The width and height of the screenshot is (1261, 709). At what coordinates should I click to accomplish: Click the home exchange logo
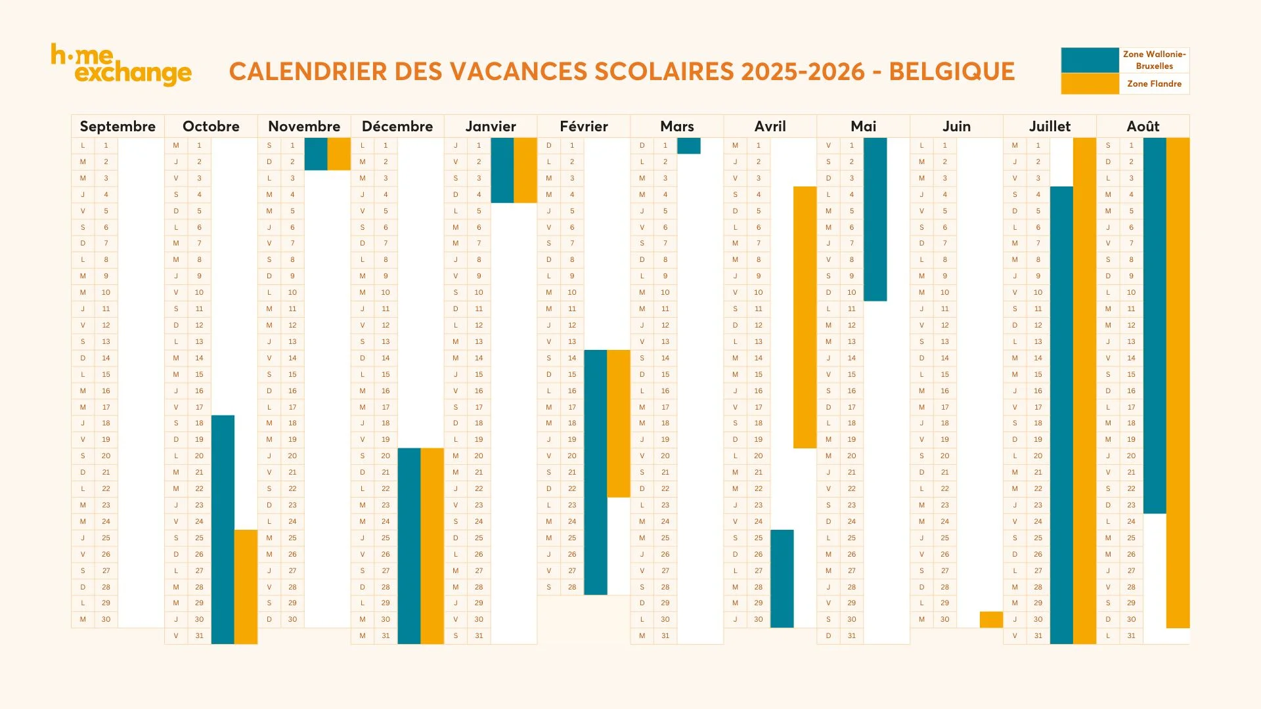click(x=122, y=65)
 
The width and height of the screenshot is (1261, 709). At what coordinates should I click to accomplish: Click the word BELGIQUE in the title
click(x=952, y=72)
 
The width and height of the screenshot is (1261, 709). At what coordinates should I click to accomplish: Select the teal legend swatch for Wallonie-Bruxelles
click(x=1090, y=60)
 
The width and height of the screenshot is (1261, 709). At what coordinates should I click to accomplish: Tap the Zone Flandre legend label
click(x=1154, y=84)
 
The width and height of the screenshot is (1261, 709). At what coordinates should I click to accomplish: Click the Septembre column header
click(x=118, y=126)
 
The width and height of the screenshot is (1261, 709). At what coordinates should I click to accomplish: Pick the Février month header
click(x=583, y=126)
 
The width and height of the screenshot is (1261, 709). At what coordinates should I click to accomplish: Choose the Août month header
click(x=1143, y=126)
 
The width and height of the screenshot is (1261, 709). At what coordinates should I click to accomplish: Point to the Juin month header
click(x=956, y=126)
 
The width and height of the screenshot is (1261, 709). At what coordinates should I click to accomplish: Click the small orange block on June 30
click(x=991, y=620)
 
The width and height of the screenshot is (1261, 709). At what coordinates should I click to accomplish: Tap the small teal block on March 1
click(x=688, y=146)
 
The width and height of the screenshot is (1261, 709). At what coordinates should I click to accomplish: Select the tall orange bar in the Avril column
click(x=805, y=317)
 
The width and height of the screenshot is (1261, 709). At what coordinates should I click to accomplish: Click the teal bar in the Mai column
click(x=875, y=219)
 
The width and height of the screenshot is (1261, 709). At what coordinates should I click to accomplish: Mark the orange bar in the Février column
click(x=618, y=423)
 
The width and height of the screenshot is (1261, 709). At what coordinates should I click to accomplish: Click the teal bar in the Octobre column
click(x=223, y=529)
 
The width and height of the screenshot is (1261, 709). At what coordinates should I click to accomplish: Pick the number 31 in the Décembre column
click(x=386, y=635)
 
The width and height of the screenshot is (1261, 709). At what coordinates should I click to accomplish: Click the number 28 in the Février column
click(x=572, y=587)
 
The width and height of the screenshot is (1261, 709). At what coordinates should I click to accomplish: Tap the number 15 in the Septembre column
click(x=106, y=374)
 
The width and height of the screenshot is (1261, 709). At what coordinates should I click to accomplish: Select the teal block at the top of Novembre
click(x=316, y=154)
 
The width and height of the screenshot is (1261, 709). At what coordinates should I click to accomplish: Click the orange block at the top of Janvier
click(x=525, y=170)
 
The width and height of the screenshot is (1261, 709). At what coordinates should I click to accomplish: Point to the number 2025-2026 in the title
click(x=803, y=72)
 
